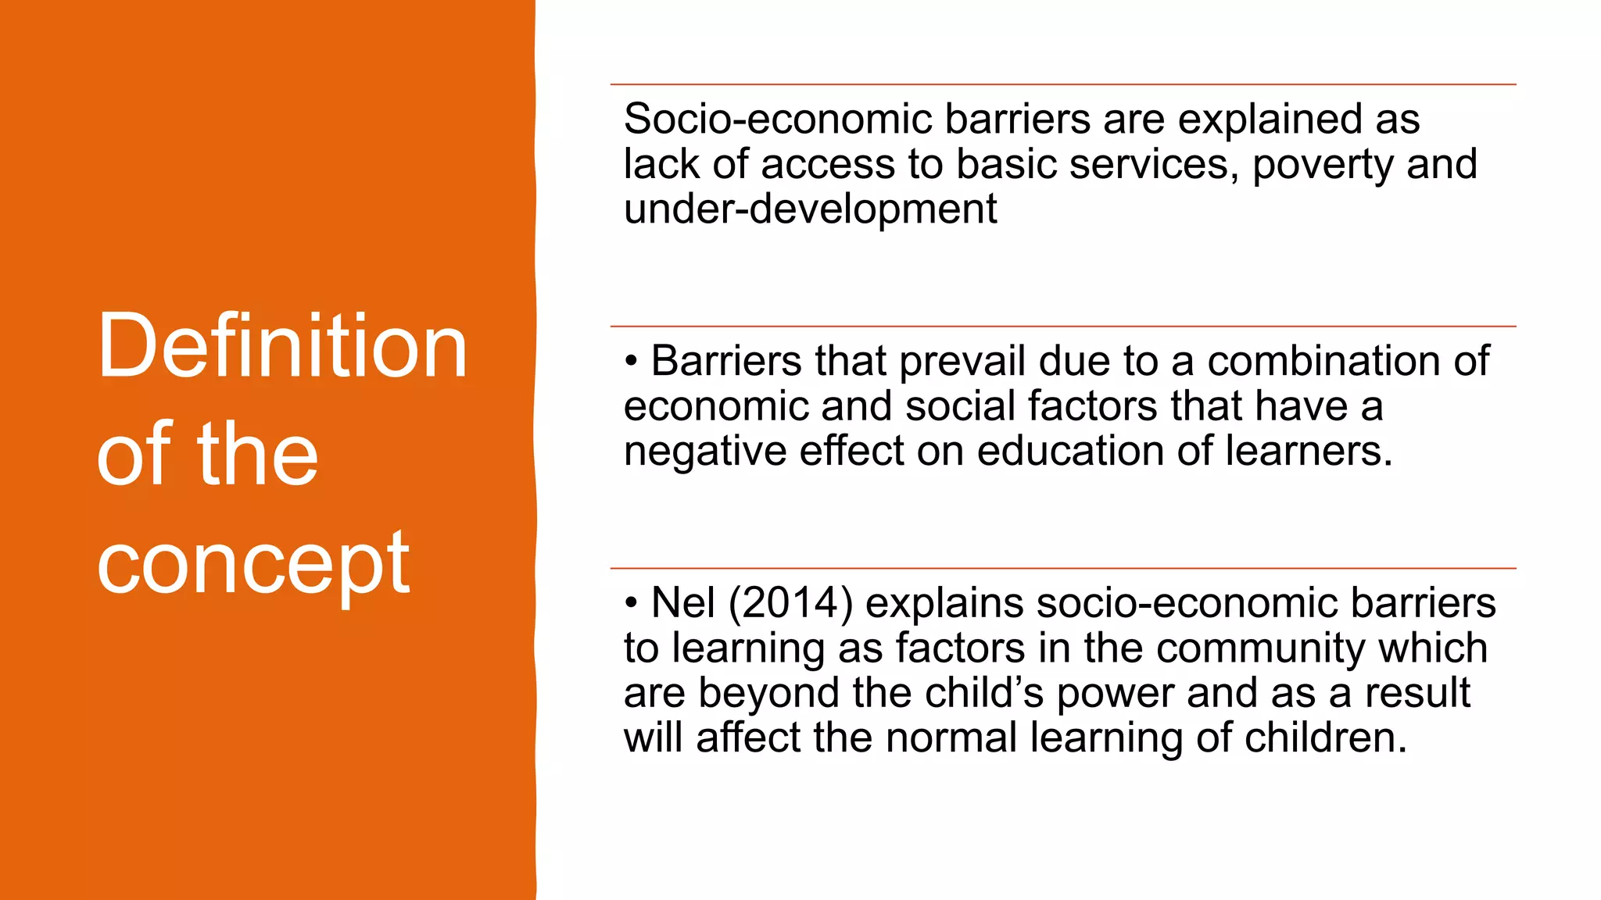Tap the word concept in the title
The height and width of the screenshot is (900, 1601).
(253, 562)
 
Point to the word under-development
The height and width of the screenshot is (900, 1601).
(810, 209)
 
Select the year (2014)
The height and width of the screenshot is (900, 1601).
(790, 604)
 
